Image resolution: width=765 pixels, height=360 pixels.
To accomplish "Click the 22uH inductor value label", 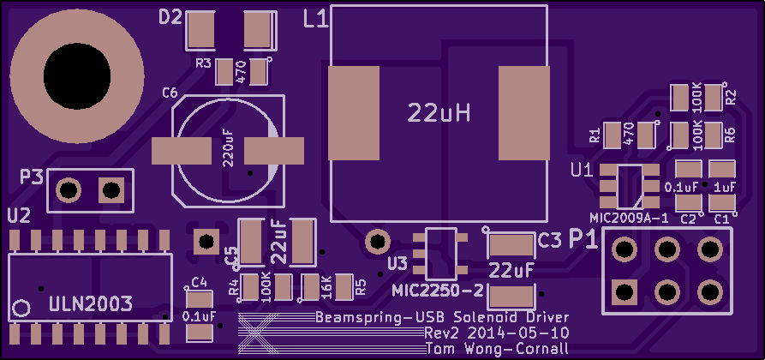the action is pyautogui.click(x=439, y=114).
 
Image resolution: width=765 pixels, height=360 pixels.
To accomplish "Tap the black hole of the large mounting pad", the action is pyautogui.click(x=76, y=76).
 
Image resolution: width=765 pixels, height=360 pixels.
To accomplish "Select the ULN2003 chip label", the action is pyautogui.click(x=91, y=305).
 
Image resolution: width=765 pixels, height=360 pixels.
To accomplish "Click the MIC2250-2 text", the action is pyautogui.click(x=438, y=291).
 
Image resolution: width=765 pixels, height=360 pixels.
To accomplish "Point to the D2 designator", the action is pyautogui.click(x=170, y=18).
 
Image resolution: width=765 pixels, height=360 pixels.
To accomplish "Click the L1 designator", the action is pyautogui.click(x=315, y=20).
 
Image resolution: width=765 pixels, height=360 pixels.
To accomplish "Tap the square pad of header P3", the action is pyautogui.click(x=111, y=190).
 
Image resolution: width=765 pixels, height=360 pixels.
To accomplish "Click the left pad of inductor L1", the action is pyautogui.click(x=354, y=113).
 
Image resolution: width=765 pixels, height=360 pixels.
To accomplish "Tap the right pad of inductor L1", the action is pyautogui.click(x=524, y=113).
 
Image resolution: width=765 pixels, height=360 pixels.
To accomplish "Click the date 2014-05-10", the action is pyautogui.click(x=517, y=333).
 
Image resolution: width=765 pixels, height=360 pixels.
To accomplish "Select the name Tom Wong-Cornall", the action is pyautogui.click(x=497, y=349).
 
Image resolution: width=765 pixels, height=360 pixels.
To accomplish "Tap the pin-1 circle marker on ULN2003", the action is pyautogui.click(x=21, y=309).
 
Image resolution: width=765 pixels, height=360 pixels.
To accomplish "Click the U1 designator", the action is pyautogui.click(x=582, y=171).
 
